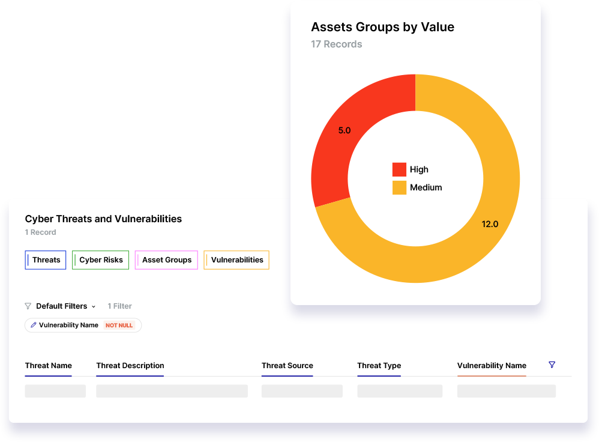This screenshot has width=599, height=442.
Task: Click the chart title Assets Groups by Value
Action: coord(382,27)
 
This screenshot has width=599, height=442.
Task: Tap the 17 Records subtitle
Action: coord(336,44)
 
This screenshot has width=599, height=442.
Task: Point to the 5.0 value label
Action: coord(344,130)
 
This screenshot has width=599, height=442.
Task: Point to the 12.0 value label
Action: coord(490,224)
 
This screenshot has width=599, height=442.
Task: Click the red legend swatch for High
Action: coord(399,169)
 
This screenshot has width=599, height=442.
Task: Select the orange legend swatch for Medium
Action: coord(399,187)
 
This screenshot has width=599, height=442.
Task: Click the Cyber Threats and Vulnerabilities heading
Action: coord(103,219)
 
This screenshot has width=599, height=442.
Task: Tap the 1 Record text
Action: coord(40,232)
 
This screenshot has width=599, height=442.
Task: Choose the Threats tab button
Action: coord(46,260)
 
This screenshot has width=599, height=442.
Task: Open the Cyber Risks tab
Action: coord(100,260)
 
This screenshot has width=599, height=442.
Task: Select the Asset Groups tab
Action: coord(166,260)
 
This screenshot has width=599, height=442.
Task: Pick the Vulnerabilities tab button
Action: coord(236,260)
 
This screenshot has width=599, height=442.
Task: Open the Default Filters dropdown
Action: coord(65,306)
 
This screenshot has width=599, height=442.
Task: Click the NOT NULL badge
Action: coord(119,325)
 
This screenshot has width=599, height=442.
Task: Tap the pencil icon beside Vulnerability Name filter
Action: coord(34,325)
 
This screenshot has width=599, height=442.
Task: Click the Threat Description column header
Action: coord(130,366)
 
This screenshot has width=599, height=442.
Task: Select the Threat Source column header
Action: coord(287,366)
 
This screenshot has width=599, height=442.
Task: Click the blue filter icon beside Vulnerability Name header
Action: coord(552,365)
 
